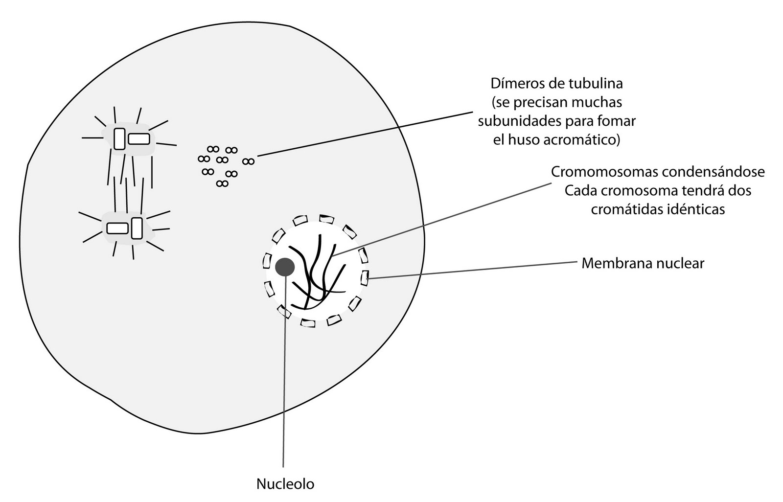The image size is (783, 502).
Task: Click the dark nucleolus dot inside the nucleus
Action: pyautogui.click(x=284, y=267)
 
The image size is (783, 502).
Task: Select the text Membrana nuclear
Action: pyautogui.click(x=643, y=263)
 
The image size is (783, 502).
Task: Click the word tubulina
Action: pyautogui.click(x=597, y=83)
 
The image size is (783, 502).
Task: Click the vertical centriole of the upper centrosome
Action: pyautogui.click(x=119, y=138)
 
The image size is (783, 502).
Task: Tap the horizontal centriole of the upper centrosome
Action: pyautogui.click(x=139, y=139)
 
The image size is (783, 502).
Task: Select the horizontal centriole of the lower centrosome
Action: pyautogui.click(x=117, y=228)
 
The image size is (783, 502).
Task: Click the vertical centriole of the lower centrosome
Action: pyautogui.click(x=137, y=228)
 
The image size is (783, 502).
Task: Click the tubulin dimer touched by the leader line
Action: pyautogui.click(x=249, y=161)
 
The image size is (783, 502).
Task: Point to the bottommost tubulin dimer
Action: pyautogui.click(x=222, y=183)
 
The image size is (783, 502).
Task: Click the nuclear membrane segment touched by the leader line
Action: pyautogui.click(x=365, y=278)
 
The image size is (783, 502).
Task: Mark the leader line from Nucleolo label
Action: pyautogui.click(x=283, y=391)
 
